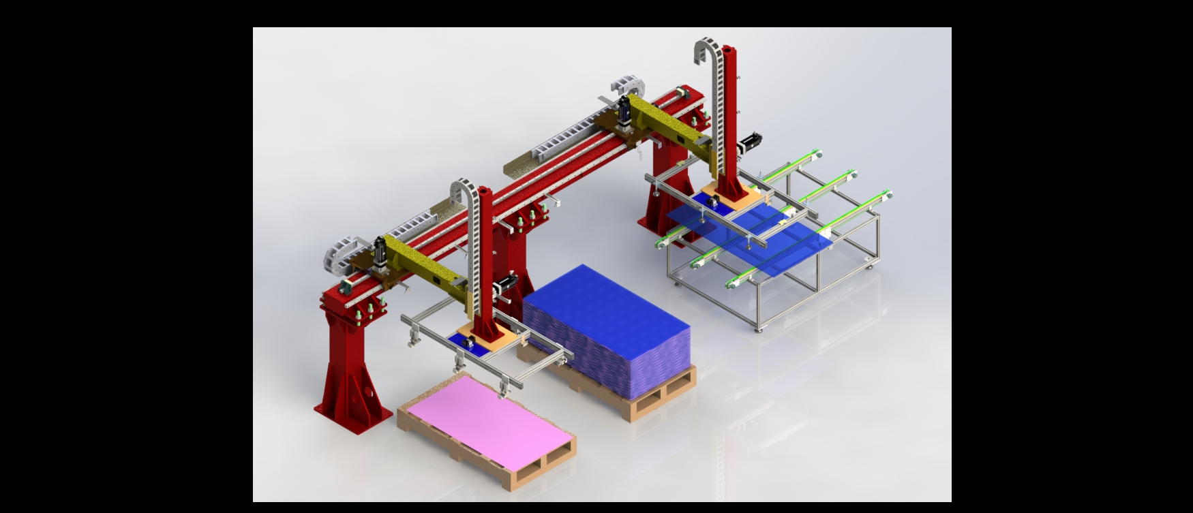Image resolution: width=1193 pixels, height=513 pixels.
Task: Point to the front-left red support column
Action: [348, 368]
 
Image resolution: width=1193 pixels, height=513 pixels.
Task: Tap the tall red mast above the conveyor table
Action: [730, 116]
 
